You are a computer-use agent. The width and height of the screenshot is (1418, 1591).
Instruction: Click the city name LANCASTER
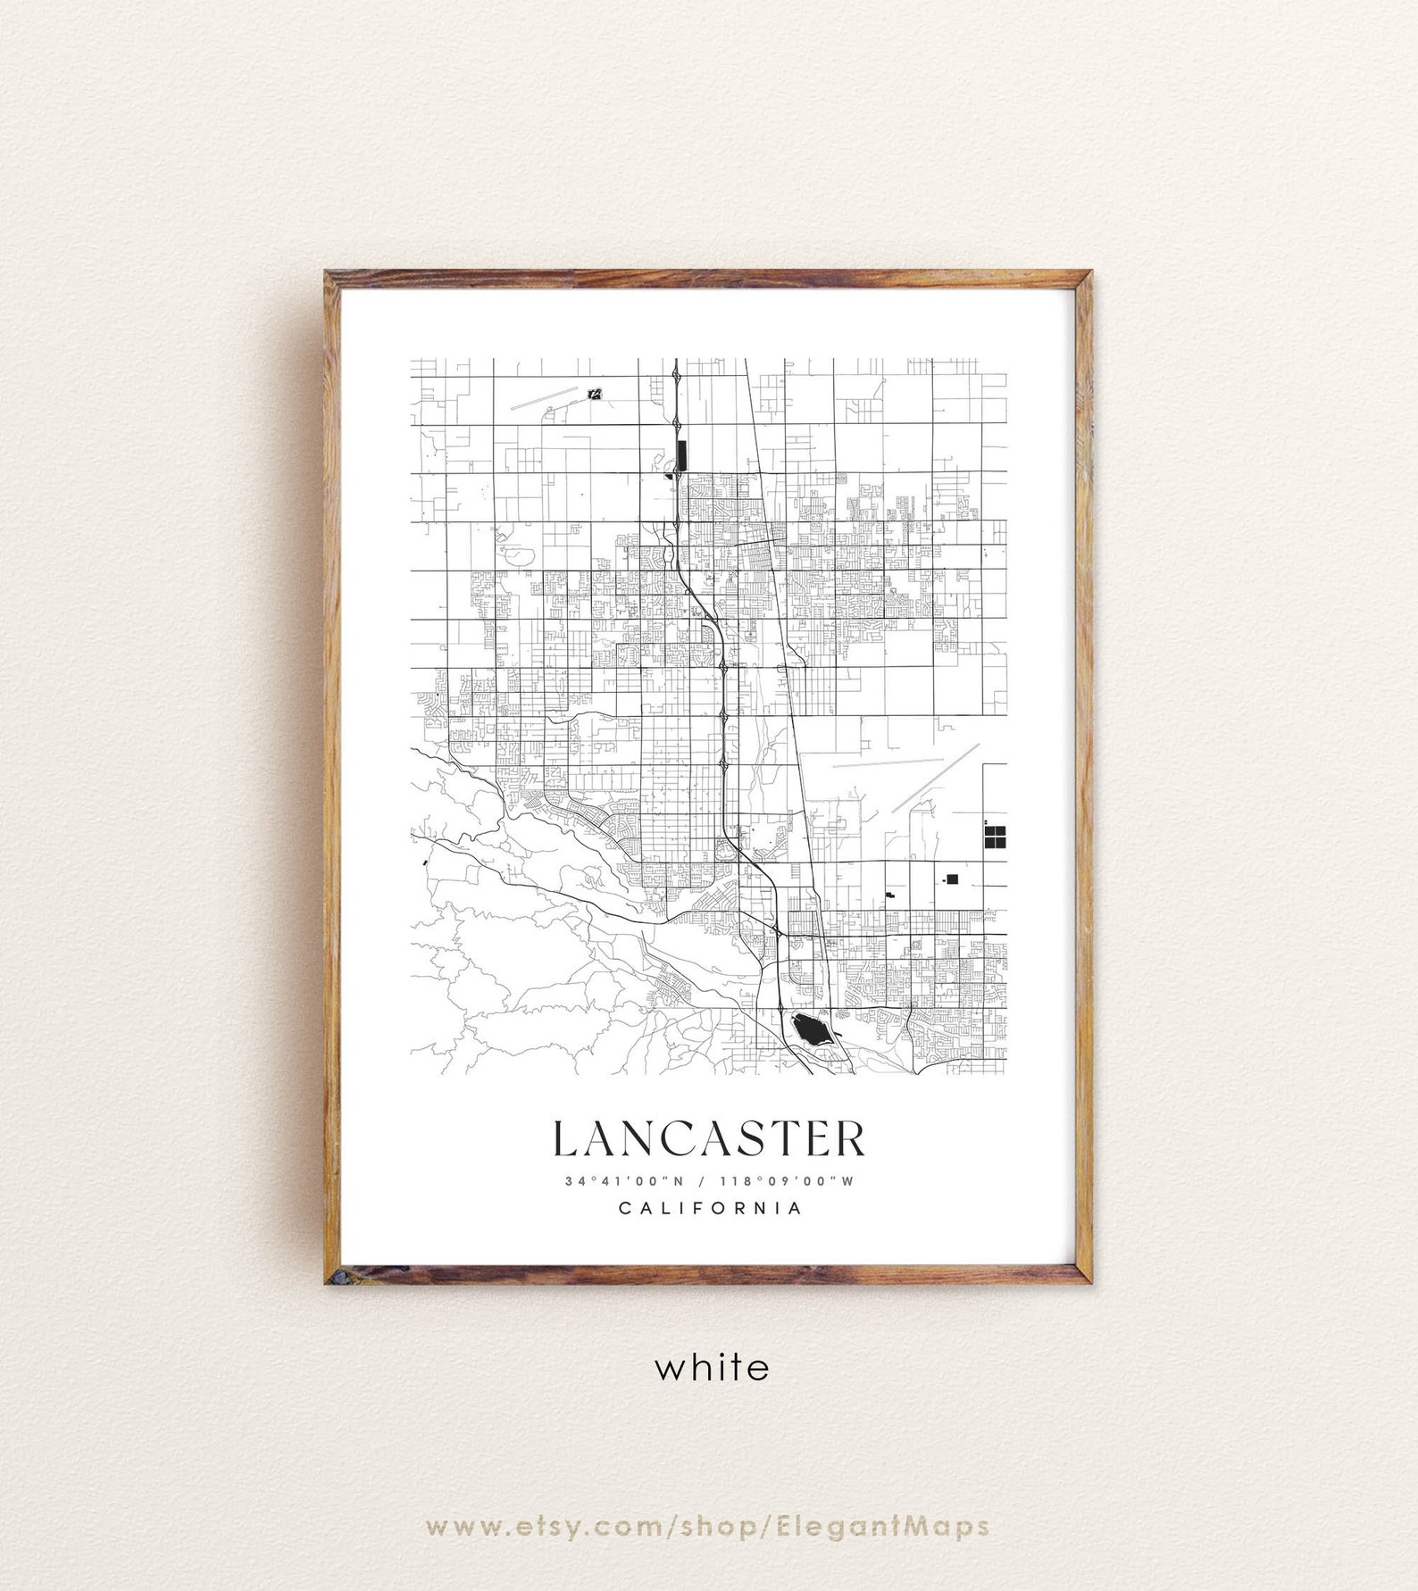(710, 1138)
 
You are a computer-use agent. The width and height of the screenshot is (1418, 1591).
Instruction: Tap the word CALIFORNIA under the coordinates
(710, 1208)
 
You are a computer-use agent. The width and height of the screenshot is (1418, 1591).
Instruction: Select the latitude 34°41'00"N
(624, 1180)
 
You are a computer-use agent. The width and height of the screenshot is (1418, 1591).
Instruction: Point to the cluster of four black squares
(994, 837)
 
